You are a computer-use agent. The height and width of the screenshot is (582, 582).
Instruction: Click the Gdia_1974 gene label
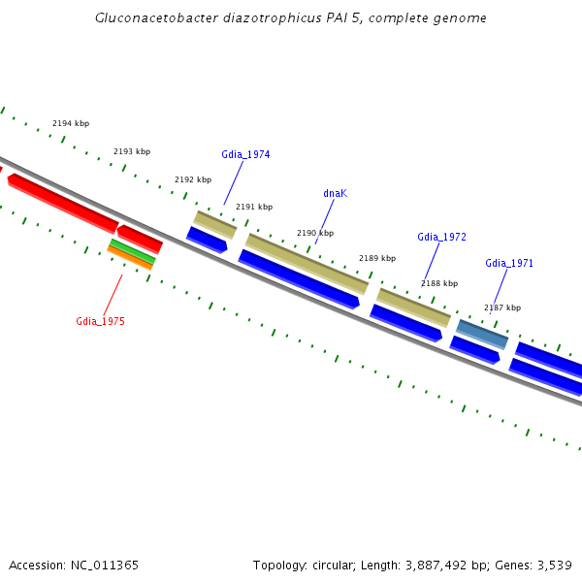pos(245,154)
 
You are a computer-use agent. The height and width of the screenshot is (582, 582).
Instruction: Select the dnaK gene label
pos(335,193)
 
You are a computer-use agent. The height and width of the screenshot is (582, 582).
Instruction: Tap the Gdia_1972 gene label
pos(441,237)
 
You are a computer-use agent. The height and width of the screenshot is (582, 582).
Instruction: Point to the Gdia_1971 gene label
pos(509,263)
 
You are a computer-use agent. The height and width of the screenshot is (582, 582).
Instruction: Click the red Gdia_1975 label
pos(100,321)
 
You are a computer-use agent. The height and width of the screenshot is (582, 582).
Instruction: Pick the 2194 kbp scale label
pos(71,123)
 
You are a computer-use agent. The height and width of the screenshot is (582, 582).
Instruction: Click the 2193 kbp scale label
pos(132,151)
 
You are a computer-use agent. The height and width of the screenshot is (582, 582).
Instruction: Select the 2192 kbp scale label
pos(193,179)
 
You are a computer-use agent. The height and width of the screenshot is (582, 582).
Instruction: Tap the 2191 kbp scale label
pos(254,207)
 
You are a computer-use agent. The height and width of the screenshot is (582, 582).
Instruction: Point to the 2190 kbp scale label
pos(315,233)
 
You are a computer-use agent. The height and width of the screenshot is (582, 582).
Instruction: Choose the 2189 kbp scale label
pos(377,258)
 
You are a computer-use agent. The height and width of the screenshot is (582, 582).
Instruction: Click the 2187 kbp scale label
pos(502,307)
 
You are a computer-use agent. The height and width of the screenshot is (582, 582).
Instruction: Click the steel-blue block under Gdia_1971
pos(482,334)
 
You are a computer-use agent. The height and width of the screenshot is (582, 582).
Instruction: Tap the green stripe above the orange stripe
pos(133,249)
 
